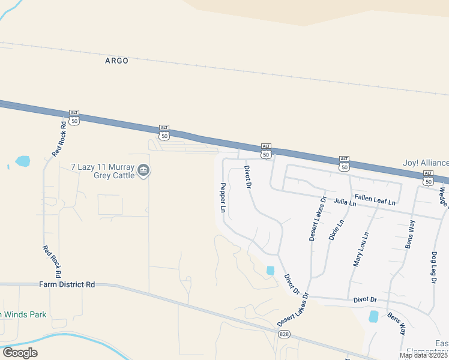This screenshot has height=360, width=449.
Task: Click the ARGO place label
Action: [116, 61]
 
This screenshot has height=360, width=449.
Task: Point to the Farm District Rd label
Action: [67, 284]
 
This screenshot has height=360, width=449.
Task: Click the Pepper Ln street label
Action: [223, 198]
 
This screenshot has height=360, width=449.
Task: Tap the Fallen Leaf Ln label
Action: [375, 199]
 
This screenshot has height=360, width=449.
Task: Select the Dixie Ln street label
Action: [336, 229]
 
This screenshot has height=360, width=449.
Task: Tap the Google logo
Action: [20, 352]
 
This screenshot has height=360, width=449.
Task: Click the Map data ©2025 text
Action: [424, 355]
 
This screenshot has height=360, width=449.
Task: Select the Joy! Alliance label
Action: [425, 163]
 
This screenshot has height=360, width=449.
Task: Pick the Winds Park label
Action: [23, 314]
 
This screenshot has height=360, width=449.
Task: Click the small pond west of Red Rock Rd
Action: [22, 161]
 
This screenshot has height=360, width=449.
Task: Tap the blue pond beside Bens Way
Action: [373, 316]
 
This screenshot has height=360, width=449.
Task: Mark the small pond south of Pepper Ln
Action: [270, 271]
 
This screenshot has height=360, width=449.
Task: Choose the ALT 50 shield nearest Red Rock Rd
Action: [74, 118]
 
